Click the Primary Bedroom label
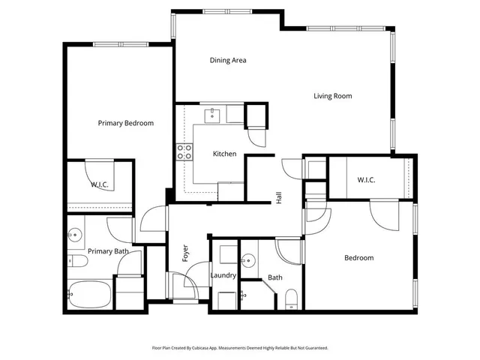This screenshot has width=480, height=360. pyautogui.click(x=126, y=123)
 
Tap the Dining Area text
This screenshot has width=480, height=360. pyautogui.click(x=228, y=61)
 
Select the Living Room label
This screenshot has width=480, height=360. pyautogui.click(x=332, y=96)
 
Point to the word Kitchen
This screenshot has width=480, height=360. pyautogui.click(x=224, y=154)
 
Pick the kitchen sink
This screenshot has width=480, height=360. pyautogui.click(x=214, y=115)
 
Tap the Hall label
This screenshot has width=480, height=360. pyautogui.click(x=279, y=198)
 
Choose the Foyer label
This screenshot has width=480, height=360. pyautogui.click(x=185, y=253)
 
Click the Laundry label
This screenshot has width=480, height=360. pyautogui.click(x=223, y=276)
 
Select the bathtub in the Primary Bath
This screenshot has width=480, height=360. pyautogui.click(x=88, y=294)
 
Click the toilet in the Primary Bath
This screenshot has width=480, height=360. pyautogui.click(x=77, y=262)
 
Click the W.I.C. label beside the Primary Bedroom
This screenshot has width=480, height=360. pyautogui.click(x=100, y=184)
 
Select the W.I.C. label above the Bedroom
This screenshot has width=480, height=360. pyautogui.click(x=366, y=179)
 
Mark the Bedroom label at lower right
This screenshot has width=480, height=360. pyautogui.click(x=358, y=258)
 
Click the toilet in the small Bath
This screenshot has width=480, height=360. pyautogui.click(x=292, y=301)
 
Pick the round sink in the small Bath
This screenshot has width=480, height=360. pyautogui.click(x=248, y=261)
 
